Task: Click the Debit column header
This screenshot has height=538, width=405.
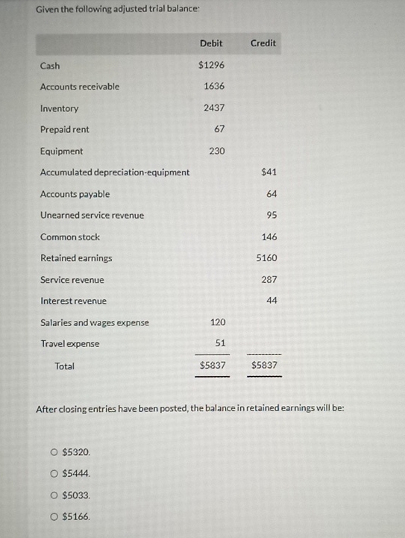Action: (x=211, y=43)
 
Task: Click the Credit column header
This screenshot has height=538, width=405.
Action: (x=263, y=43)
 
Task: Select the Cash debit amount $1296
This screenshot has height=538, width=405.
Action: (x=211, y=66)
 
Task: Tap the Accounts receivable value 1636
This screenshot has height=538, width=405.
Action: (x=214, y=87)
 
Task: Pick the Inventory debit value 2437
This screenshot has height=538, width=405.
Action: (x=214, y=108)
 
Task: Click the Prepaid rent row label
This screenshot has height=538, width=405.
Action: (x=65, y=130)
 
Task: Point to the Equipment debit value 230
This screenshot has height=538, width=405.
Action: (x=217, y=151)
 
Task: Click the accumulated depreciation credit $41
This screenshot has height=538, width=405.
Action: (x=269, y=172)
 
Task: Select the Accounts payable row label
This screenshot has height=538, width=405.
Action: (x=75, y=194)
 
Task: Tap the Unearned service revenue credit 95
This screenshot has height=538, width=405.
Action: (x=271, y=216)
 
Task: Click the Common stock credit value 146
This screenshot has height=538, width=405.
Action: (x=269, y=237)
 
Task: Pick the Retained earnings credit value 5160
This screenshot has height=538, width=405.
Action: (x=266, y=258)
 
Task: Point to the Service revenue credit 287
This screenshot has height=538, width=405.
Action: (x=269, y=280)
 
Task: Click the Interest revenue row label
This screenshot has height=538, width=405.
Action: (x=73, y=301)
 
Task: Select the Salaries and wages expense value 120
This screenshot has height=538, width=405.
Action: (x=217, y=323)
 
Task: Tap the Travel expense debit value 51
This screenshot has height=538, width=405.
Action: (x=220, y=344)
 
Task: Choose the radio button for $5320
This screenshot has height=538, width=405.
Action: (x=54, y=452)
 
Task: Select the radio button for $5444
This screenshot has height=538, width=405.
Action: (x=54, y=474)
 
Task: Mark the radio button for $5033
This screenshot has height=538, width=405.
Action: (x=54, y=495)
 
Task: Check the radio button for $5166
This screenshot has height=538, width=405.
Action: (x=54, y=516)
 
